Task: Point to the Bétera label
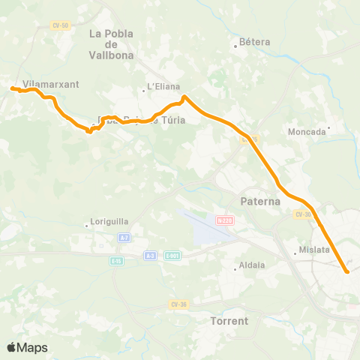click(254, 43)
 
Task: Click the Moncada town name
click(307, 131)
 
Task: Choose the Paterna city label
click(260, 201)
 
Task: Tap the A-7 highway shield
click(124, 237)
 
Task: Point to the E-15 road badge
click(116, 260)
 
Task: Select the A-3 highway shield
click(151, 256)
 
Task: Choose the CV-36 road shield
click(178, 304)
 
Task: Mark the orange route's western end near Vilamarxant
click(12, 88)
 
